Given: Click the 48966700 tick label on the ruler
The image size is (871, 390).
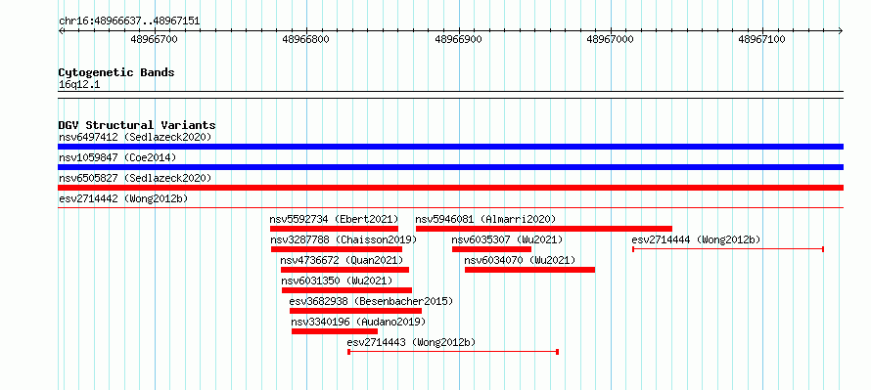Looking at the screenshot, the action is [x=154, y=39].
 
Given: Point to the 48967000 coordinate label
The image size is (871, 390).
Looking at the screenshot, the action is [x=610, y=39].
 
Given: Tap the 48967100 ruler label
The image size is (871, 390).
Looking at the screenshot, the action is [x=761, y=39].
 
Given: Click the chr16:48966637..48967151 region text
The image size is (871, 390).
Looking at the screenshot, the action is [x=129, y=22].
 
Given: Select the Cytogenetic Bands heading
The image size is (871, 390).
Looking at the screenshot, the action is [x=116, y=72].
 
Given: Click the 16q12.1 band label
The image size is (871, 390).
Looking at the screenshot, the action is [x=79, y=85].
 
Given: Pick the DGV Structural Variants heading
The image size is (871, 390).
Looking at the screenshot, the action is [x=137, y=125].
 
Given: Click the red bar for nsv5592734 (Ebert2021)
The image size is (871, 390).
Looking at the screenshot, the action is [x=334, y=229].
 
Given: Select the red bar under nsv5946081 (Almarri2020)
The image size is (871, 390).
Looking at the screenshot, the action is [x=544, y=229].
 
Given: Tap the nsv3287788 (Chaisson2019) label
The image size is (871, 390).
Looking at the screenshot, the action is [x=344, y=240].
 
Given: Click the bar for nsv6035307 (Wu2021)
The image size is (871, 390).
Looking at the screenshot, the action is [x=491, y=249].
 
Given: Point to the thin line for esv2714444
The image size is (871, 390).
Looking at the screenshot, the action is [x=728, y=249].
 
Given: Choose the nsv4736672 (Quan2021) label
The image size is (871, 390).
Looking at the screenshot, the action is [x=342, y=261].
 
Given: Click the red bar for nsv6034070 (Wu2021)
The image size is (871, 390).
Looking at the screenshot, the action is [x=529, y=270].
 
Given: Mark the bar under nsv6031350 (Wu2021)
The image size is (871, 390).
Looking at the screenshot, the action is [x=346, y=290].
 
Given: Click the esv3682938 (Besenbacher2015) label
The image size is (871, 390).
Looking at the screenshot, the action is [x=371, y=302].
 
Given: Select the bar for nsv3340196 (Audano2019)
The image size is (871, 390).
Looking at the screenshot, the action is [x=335, y=331].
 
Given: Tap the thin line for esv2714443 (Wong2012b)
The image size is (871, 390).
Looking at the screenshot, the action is [x=453, y=352].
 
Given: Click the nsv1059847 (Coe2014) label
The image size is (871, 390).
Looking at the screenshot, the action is [x=117, y=158].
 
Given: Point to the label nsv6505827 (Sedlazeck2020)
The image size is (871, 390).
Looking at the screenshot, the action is [x=135, y=179].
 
